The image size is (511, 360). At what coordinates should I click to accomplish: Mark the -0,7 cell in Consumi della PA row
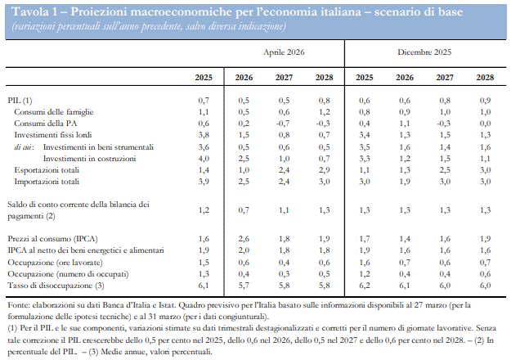pyautogui.click(x=284, y=122)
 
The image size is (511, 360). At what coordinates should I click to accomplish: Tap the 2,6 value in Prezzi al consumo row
pyautogui.click(x=244, y=238)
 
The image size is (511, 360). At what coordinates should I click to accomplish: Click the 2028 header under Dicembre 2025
pyautogui.click(x=485, y=78)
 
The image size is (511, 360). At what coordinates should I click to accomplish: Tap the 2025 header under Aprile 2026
pyautogui.click(x=204, y=78)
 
